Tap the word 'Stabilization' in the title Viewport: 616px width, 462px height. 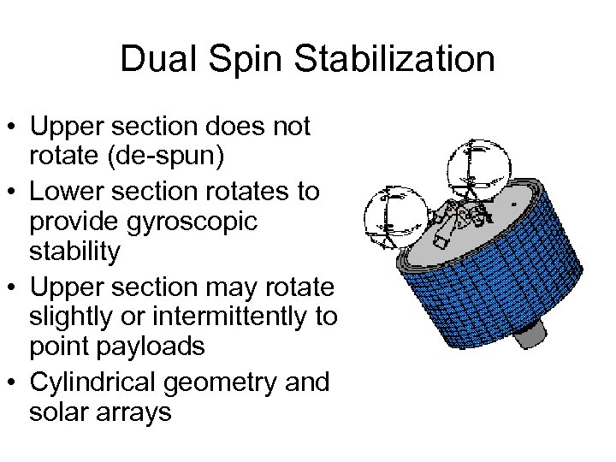point(394,60)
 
